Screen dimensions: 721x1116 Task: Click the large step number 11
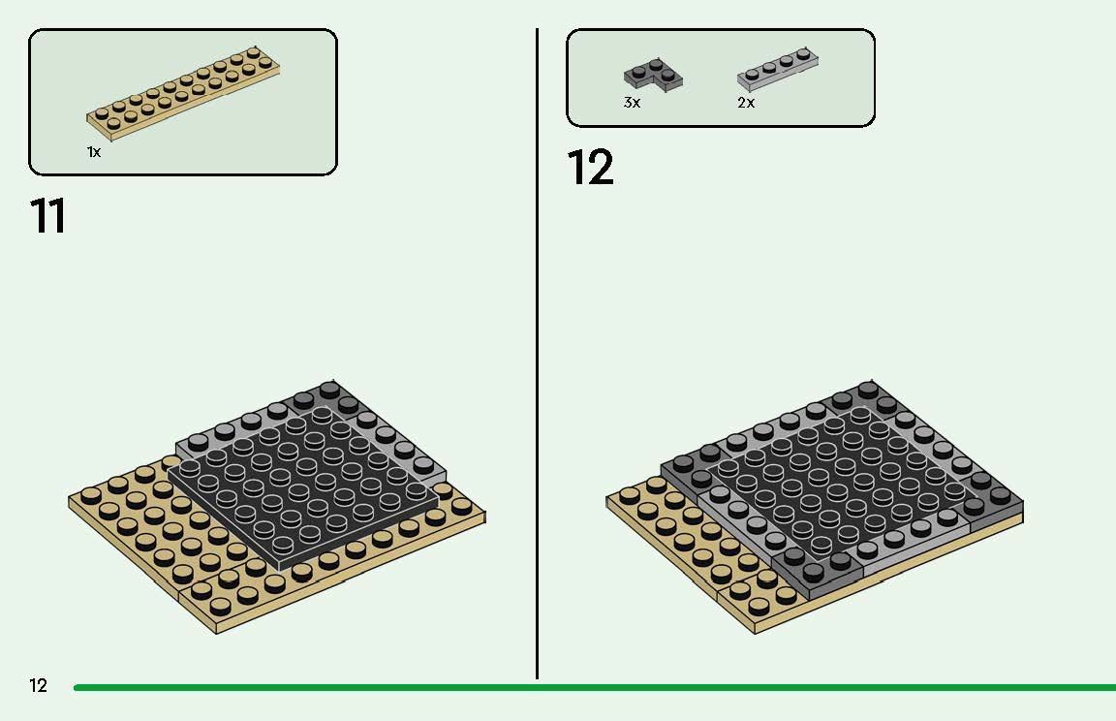(x=48, y=216)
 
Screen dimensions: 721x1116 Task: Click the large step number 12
(x=590, y=168)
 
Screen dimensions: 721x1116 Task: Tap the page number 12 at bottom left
(x=38, y=686)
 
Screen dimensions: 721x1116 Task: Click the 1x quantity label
(x=94, y=152)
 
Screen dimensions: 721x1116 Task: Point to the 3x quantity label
(x=632, y=103)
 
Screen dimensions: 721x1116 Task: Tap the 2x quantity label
(x=746, y=103)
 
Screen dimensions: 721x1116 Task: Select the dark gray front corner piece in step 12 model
(x=823, y=572)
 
